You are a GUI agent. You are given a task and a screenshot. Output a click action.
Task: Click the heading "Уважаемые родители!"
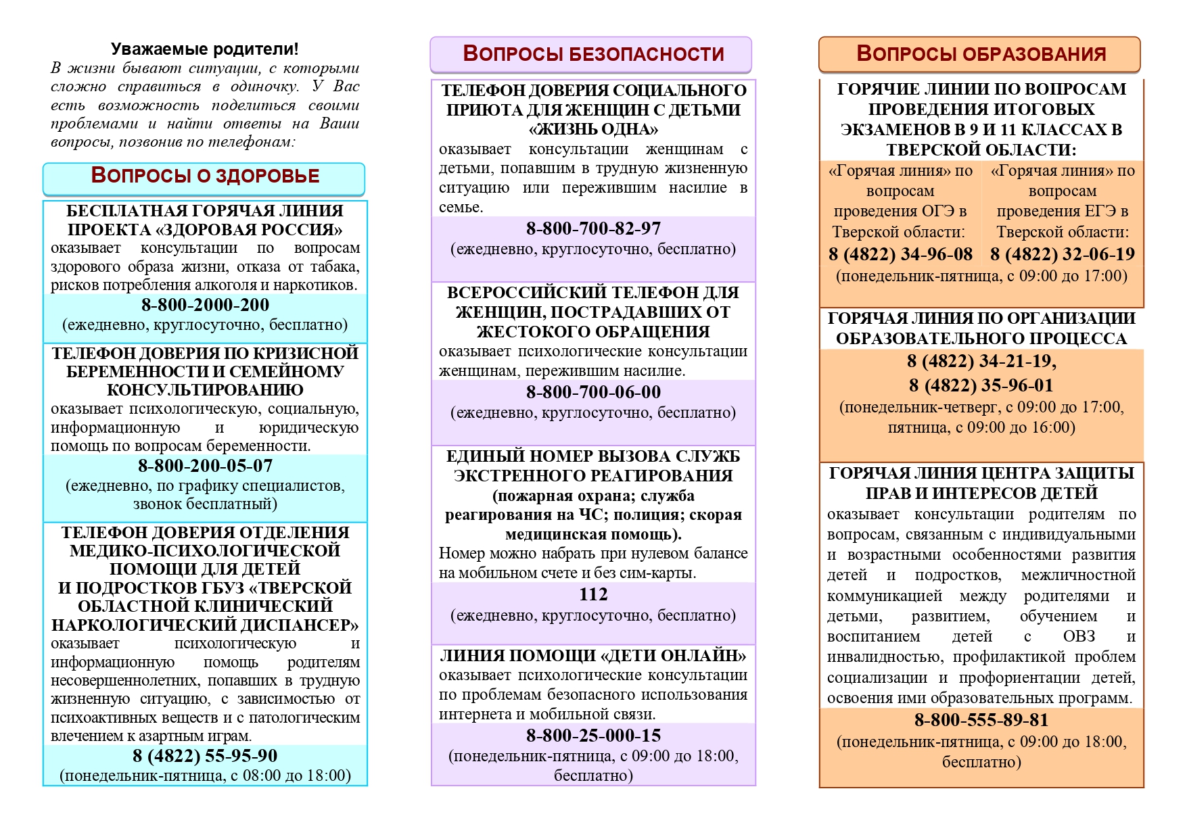coord(204,49)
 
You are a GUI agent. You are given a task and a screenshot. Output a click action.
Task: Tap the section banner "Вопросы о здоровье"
coord(204,176)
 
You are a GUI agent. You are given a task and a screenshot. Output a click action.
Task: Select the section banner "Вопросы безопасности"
coord(592,54)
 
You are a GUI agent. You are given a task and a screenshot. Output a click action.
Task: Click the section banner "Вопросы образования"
coord(981,54)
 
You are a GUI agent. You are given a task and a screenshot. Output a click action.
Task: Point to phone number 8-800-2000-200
coord(205,305)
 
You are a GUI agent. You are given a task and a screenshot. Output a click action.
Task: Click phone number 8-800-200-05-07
coord(205,466)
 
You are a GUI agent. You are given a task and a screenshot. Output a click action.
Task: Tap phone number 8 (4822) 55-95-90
coord(205,756)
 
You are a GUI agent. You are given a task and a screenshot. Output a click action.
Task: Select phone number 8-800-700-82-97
coord(593,229)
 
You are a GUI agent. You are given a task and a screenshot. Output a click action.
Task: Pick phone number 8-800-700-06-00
coord(593,392)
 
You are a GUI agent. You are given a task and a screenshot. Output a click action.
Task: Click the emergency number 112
coord(593,594)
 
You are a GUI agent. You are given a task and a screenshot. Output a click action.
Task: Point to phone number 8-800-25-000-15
coord(593,736)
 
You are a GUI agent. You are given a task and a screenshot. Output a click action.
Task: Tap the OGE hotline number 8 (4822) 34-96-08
coord(900,254)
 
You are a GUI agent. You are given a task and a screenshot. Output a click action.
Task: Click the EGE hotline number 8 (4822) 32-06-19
coord(1063,254)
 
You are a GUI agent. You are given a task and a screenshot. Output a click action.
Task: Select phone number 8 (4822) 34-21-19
coord(981,361)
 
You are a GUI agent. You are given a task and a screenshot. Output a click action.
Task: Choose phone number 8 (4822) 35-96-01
coord(981,385)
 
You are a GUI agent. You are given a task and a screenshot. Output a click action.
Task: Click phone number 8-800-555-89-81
coord(981,720)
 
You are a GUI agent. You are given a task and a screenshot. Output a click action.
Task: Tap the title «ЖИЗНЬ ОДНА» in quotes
coord(593,129)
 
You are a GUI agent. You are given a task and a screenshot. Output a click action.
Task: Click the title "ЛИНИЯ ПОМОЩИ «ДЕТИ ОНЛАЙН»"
coord(593,656)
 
